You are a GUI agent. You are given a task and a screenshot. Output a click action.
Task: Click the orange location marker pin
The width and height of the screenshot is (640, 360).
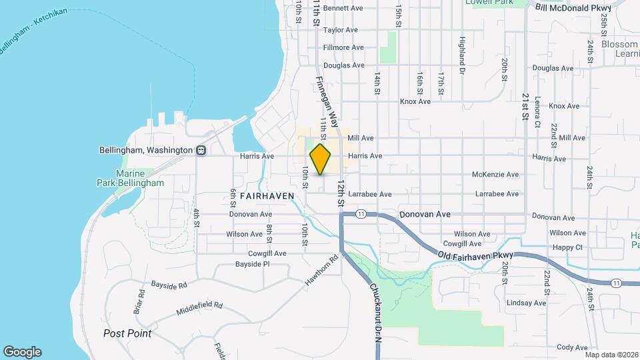[321, 159]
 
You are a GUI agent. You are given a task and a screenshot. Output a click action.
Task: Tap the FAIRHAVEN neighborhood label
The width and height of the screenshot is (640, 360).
[250, 197]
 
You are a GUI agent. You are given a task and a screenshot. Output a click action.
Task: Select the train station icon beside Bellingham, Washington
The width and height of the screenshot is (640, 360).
[201, 151]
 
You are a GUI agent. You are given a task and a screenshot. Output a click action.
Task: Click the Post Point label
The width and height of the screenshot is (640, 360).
[127, 333]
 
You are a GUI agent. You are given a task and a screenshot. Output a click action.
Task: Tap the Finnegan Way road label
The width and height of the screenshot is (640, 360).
[329, 99]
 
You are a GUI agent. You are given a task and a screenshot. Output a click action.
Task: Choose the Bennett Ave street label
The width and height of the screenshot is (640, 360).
[343, 9]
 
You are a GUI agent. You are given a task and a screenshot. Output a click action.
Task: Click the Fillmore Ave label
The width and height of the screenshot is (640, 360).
[343, 48]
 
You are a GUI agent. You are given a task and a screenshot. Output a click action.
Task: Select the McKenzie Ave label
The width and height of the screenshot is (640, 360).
[495, 175]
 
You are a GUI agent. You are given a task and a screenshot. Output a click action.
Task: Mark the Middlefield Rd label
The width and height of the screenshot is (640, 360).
[199, 309]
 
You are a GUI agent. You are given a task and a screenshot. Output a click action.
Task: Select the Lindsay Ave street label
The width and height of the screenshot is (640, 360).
[526, 303]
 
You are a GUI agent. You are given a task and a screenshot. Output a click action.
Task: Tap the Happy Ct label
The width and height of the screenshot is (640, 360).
[568, 247]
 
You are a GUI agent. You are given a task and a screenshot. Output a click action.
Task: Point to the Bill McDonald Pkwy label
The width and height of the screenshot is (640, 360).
[573, 8]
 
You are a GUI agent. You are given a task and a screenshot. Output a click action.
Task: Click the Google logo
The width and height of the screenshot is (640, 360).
[22, 352]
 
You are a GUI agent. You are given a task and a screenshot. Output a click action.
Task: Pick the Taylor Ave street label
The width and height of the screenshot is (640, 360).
[341, 30]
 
